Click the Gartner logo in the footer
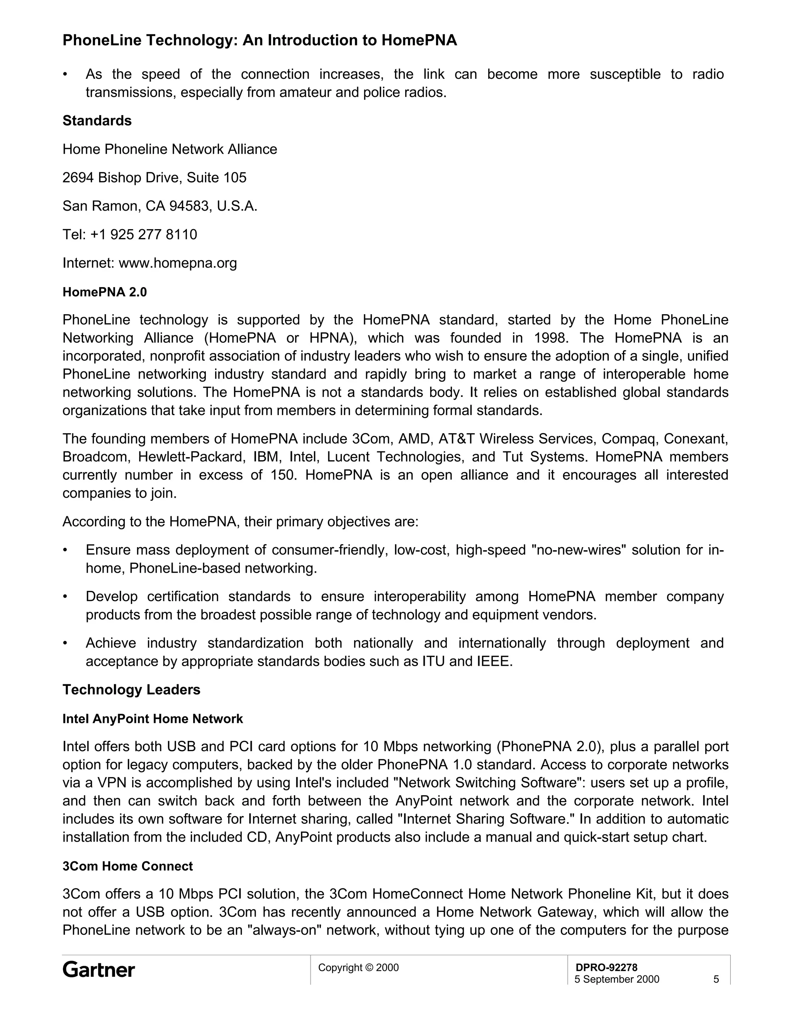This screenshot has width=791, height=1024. [98, 970]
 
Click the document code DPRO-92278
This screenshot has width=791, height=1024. [606, 967]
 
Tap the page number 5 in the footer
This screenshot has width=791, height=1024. [716, 979]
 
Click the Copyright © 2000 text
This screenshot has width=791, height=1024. [358, 967]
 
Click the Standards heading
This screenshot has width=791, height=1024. [97, 121]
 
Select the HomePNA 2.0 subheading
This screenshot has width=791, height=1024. [105, 292]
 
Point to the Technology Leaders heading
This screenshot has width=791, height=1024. [131, 689]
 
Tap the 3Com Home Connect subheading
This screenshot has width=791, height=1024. [127, 866]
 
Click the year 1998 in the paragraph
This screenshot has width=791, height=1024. [551, 338]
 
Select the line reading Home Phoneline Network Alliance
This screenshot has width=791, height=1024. [170, 149]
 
